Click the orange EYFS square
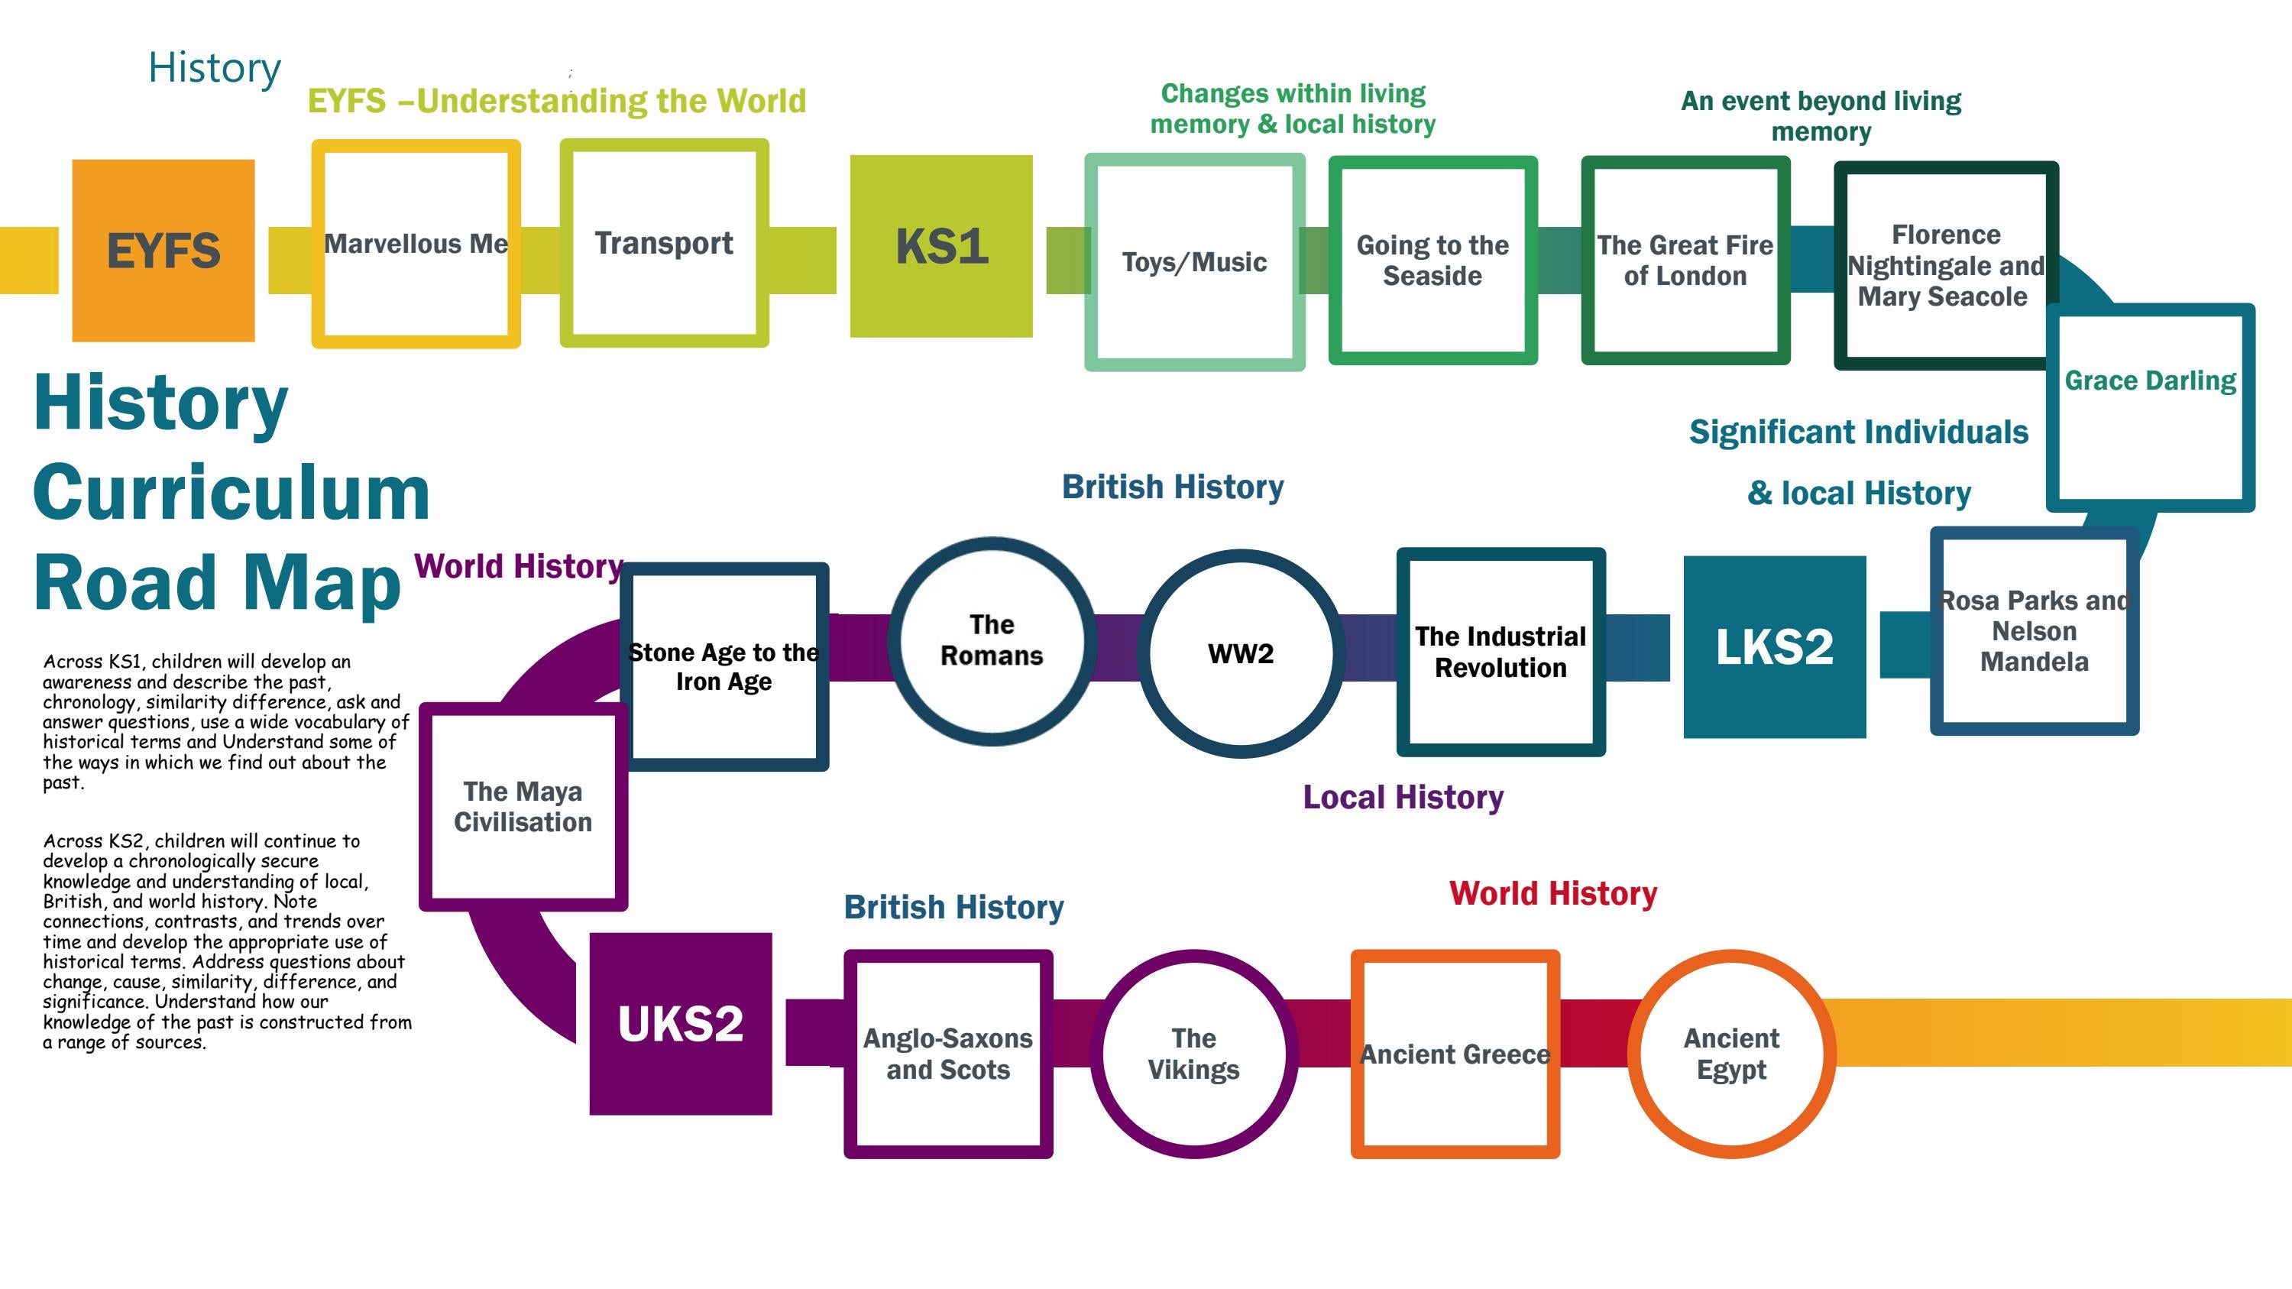click(163, 250)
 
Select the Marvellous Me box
click(416, 243)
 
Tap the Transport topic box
click(664, 243)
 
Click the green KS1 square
click(940, 246)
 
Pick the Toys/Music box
click(1194, 261)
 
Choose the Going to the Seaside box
click(1432, 260)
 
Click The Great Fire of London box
click(1685, 260)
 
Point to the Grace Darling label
click(2150, 381)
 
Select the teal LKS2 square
click(1773, 646)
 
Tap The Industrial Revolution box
click(1500, 651)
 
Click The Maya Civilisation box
click(523, 806)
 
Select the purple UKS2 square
click(680, 1023)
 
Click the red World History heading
click(1552, 893)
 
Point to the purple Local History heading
click(1403, 797)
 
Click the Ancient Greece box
click(1455, 1054)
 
